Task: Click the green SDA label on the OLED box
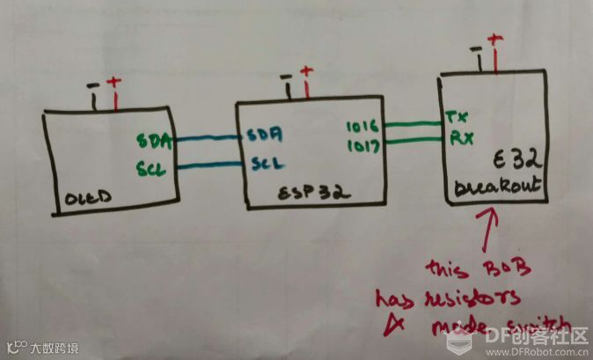tap(153, 140)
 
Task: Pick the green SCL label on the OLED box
tap(151, 166)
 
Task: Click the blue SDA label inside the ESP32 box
tap(263, 135)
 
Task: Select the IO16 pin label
tap(362, 128)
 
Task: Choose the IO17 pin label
tap(362, 146)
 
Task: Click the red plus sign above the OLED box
tap(113, 84)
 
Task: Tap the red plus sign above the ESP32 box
tap(305, 72)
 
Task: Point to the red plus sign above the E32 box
tap(494, 40)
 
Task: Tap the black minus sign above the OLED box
tap(94, 86)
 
